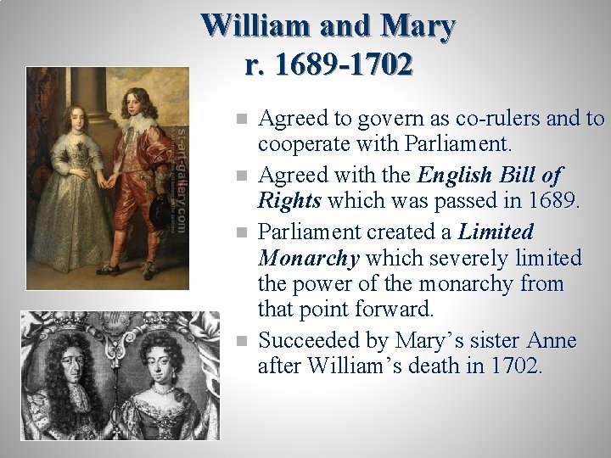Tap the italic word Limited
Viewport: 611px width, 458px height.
pos(496,232)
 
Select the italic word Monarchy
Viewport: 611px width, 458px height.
pos(308,257)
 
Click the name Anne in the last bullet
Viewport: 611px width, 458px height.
pos(552,341)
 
